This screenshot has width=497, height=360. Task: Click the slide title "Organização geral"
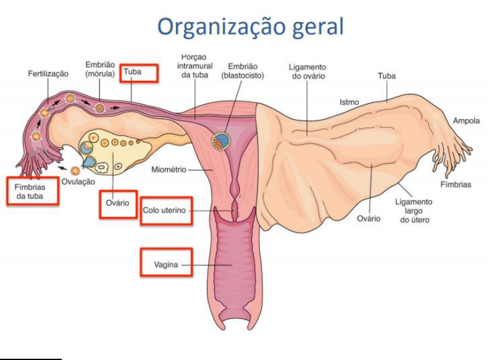[250, 27]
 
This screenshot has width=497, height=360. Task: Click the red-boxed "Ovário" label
[118, 204]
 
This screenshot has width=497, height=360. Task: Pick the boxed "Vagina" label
[166, 264]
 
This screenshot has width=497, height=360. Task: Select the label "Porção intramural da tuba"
[195, 65]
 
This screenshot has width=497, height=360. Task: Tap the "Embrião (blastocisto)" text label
[243, 70]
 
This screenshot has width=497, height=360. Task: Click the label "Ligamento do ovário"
[307, 72]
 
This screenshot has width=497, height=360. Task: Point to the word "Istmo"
[349, 102]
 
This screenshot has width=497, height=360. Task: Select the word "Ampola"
[466, 121]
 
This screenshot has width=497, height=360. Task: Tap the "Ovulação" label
[78, 182]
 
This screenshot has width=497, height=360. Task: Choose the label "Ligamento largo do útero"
[414, 211]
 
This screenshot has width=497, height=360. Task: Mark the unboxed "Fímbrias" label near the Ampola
[456, 185]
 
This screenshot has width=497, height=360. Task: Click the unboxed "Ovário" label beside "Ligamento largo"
[369, 219]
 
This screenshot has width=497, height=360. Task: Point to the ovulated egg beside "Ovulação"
[75, 170]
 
